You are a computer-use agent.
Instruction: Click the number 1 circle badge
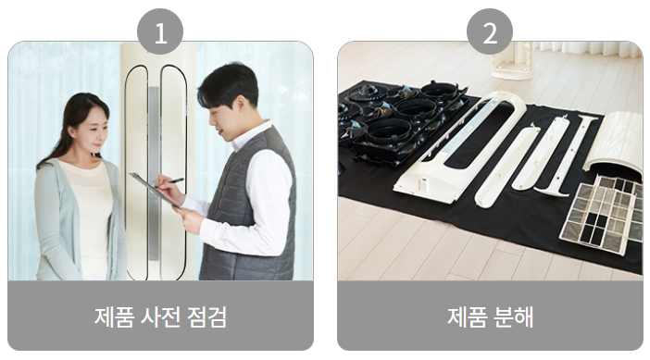tap(160, 31)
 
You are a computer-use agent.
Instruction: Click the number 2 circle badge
tap(490, 31)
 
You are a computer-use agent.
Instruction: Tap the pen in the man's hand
tap(170, 182)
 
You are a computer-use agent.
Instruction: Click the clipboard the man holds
tap(155, 190)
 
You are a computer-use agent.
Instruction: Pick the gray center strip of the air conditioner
tap(154, 174)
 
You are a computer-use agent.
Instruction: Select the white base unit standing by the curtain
tap(512, 60)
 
